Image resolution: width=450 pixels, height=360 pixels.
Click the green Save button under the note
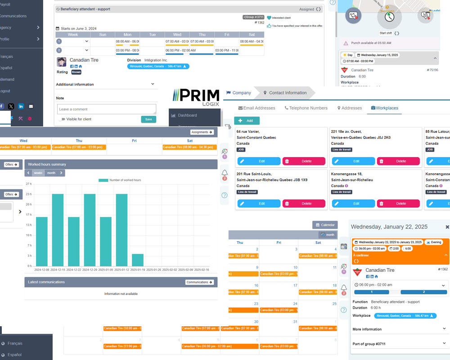148,119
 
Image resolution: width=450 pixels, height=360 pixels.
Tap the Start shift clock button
389,18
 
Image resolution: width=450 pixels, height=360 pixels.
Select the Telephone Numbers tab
306,108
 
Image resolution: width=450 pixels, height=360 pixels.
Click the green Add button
247,121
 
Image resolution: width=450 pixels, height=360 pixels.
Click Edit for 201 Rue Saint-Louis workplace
259,203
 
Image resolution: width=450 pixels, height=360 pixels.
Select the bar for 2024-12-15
58,229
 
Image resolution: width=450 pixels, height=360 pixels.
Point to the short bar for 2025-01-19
138,260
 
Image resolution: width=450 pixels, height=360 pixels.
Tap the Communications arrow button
199,282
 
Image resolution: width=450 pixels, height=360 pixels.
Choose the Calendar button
325,225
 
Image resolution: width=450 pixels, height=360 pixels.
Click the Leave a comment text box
106,109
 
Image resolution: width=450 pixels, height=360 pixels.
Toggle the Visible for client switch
62,119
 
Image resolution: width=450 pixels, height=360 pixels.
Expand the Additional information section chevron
153,84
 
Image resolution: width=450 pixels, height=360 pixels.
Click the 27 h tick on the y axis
28,184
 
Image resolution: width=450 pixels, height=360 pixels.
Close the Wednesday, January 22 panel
447,227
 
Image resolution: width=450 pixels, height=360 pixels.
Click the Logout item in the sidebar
5,91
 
